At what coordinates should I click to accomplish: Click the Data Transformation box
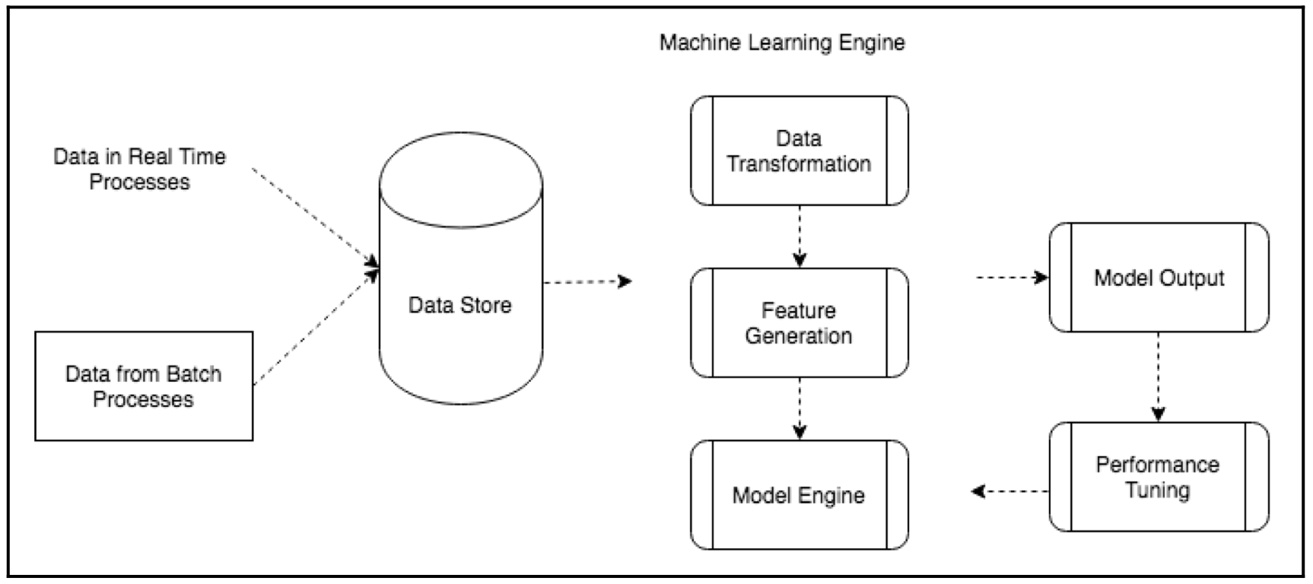(799, 151)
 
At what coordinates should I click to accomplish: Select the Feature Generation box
(799, 322)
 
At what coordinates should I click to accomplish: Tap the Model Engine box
(799, 495)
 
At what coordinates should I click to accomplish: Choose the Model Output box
(1159, 278)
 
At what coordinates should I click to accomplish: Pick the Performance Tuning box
(1159, 477)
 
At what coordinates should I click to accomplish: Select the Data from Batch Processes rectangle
(144, 386)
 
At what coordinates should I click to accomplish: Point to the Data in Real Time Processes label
(140, 169)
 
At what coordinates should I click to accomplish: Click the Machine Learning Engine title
(782, 43)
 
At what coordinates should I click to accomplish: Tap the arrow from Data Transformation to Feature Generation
(800, 236)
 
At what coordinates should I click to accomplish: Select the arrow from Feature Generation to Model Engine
(800, 408)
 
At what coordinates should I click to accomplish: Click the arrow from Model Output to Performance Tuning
(1158, 376)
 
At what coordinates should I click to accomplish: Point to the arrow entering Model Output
(1012, 278)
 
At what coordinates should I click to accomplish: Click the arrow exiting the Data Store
(587, 282)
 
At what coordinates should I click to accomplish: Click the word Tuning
(1157, 490)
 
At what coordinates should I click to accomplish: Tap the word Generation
(799, 336)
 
